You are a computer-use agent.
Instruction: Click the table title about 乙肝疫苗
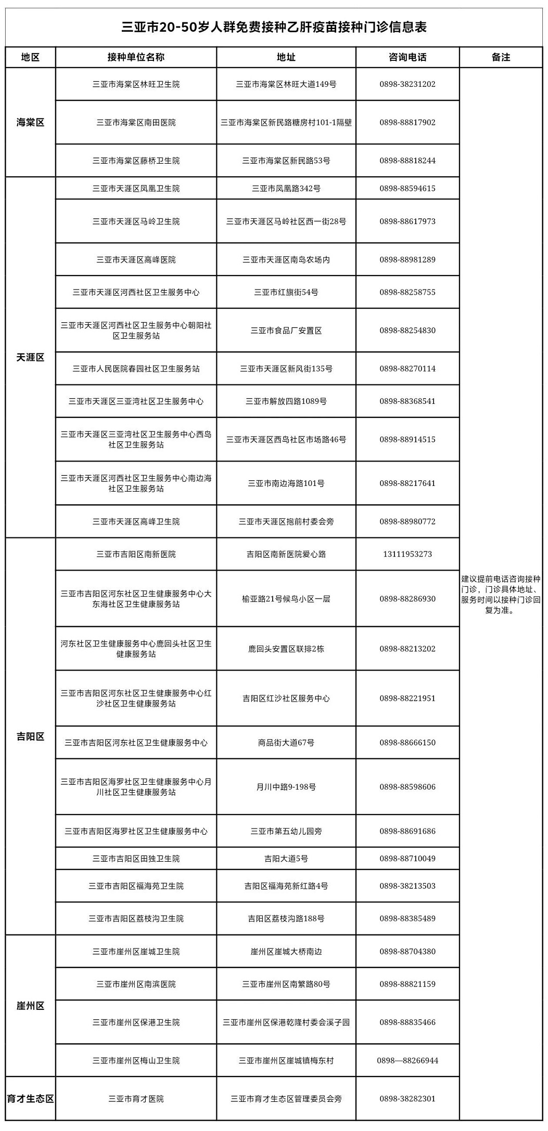[274, 27]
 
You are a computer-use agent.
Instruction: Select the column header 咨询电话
[407, 57]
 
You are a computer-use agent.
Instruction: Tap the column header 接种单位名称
[136, 57]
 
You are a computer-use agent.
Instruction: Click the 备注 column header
[501, 57]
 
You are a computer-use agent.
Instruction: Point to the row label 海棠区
[30, 123]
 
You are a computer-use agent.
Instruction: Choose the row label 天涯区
[30, 358]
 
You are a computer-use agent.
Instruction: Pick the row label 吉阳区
[30, 737]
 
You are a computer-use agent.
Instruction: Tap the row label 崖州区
[30, 1006]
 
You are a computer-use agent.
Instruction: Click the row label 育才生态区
[30, 1099]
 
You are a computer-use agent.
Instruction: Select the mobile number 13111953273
[407, 554]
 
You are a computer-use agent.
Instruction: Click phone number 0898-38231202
[407, 84]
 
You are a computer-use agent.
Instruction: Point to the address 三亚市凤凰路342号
[286, 189]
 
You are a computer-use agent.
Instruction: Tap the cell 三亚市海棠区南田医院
[136, 123]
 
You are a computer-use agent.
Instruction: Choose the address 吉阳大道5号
[286, 859]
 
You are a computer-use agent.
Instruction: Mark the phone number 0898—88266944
[407, 1060]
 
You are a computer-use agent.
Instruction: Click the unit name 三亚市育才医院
[136, 1099]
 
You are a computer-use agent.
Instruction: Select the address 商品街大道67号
[286, 743]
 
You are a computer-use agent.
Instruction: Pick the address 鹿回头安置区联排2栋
[286, 649]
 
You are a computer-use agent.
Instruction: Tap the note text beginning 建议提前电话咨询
[501, 594]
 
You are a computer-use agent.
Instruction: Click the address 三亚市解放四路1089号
[286, 401]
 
